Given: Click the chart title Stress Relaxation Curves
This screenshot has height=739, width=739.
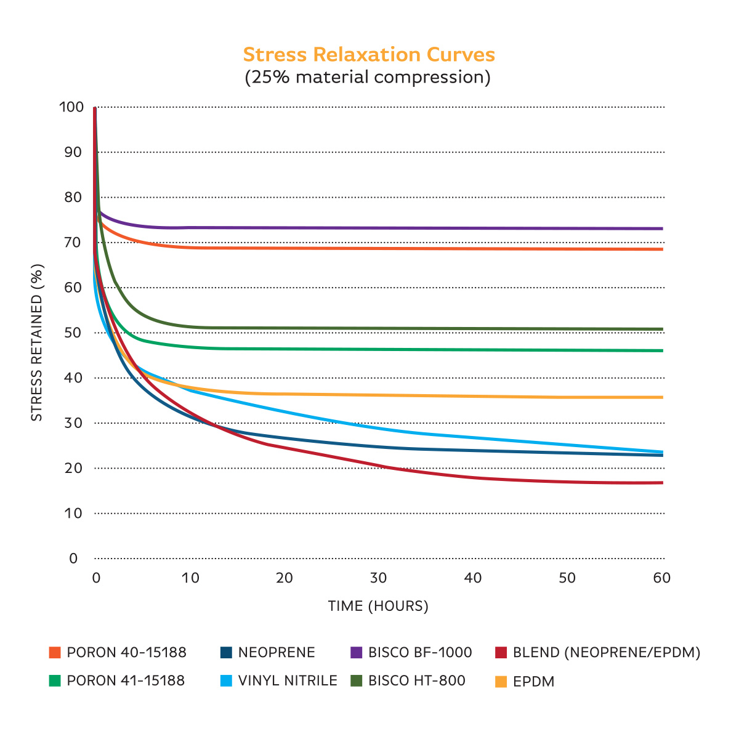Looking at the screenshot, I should [369, 55].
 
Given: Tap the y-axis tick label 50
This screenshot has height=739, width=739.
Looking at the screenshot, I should [73, 333].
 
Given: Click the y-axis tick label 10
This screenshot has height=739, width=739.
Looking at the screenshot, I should [73, 513].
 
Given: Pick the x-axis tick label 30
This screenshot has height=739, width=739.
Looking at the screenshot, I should [378, 578].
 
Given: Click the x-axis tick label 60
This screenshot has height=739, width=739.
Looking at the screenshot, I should [661, 578].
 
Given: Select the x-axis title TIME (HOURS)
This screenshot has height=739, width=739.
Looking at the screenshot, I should [378, 606].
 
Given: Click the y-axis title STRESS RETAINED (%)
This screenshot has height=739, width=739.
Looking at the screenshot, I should [37, 342].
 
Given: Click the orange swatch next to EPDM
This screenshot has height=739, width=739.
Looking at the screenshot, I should [501, 682].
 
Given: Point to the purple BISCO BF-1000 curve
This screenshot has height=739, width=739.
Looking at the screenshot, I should [431, 228].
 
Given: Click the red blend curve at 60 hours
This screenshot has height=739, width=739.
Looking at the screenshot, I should [661, 483].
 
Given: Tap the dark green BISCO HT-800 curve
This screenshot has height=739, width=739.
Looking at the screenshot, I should [431, 328].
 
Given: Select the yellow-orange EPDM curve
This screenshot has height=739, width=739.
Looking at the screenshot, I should [431, 395].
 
